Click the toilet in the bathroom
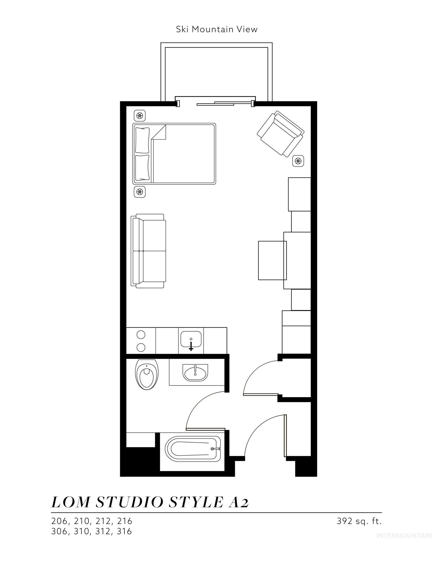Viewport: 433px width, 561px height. [146, 374]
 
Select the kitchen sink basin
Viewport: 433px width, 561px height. [191, 339]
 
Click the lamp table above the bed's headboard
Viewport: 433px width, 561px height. [140, 116]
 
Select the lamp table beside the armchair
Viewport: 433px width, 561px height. [298, 161]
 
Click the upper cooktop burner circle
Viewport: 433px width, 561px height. [141, 335]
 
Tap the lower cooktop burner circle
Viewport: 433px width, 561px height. [141, 347]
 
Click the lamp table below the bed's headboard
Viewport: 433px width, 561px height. [140, 192]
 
